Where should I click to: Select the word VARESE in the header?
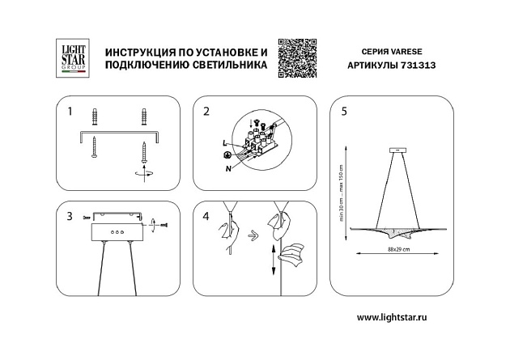406,49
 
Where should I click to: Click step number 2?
207,111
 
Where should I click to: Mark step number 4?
207,216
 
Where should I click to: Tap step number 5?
345,111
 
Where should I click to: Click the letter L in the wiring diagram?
224,142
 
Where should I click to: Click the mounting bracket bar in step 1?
120,133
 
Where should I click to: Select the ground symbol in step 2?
227,155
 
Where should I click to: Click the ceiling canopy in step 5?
398,150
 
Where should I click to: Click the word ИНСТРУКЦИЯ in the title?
138,50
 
